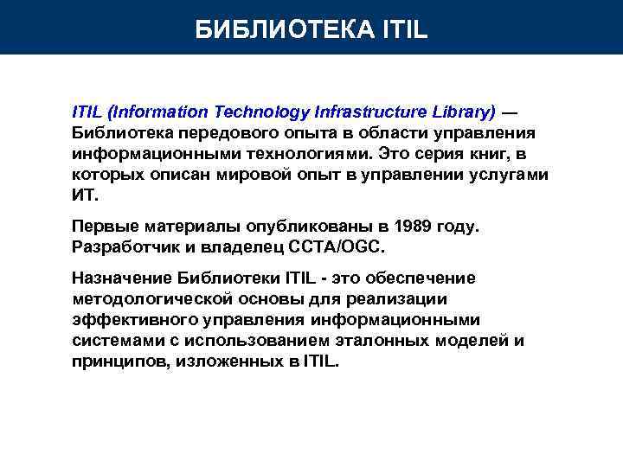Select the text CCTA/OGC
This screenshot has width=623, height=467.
[340, 246]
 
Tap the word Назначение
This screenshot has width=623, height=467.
[122, 278]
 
